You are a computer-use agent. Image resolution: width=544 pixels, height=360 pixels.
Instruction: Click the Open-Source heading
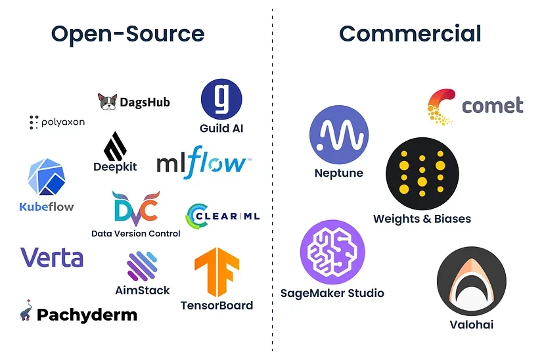(127, 34)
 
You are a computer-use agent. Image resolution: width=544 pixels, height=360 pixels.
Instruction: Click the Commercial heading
(410, 34)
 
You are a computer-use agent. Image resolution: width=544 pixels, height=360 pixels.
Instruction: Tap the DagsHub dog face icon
(107, 102)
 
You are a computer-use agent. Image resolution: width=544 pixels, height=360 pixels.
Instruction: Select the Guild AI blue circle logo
(221, 99)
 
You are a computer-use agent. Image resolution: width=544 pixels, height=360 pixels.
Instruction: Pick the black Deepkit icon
(115, 146)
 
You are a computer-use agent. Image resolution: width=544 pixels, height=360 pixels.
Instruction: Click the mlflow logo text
(202, 164)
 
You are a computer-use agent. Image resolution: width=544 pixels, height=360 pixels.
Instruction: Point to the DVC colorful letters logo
(135, 209)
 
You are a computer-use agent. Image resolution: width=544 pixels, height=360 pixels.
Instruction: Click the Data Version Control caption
(135, 233)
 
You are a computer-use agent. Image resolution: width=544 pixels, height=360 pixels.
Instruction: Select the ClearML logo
(223, 215)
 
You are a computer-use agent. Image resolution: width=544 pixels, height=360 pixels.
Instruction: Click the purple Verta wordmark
(52, 257)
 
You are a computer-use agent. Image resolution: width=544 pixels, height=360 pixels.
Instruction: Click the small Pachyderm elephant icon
(26, 310)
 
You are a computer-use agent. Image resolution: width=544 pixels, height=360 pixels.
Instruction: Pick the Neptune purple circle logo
(338, 136)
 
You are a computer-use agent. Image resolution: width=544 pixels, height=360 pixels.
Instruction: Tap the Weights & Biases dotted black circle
(422, 172)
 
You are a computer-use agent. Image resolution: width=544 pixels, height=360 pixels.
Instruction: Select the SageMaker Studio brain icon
(332, 252)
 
